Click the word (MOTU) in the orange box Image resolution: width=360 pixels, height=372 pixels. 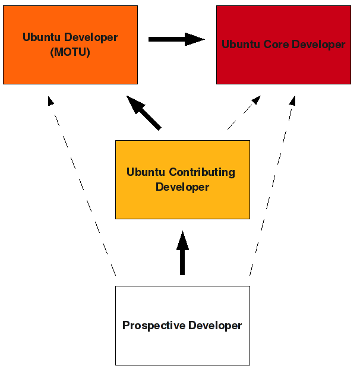(x=70, y=52)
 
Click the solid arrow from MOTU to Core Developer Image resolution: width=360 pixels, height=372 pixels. (x=176, y=39)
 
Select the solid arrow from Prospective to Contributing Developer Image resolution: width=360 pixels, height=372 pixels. (x=182, y=253)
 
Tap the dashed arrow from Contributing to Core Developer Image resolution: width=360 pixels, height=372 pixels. (x=244, y=112)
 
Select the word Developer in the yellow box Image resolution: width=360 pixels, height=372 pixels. (x=182, y=187)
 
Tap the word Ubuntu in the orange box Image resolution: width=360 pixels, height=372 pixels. (x=42, y=37)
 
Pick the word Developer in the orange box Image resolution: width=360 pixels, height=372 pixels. (x=91, y=37)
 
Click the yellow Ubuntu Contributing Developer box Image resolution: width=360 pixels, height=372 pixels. (x=182, y=205)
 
